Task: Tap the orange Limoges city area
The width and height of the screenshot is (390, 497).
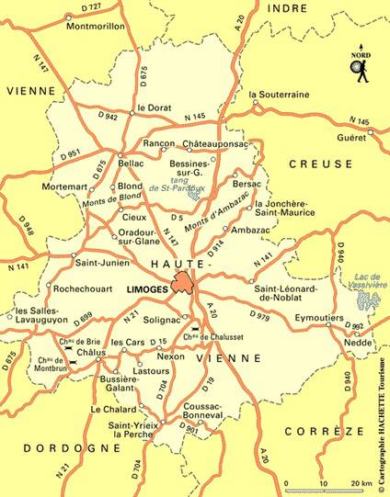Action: pos(184,284)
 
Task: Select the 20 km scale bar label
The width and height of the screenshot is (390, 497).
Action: pos(361,483)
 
